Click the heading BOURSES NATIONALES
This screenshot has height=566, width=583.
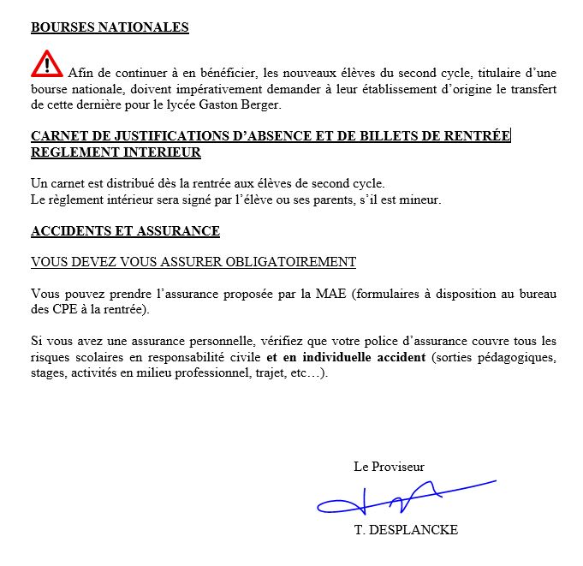pyautogui.click(x=110, y=27)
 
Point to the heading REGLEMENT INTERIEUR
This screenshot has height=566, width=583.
pyautogui.click(x=116, y=152)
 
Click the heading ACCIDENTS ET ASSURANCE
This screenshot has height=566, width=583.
pyautogui.click(x=125, y=231)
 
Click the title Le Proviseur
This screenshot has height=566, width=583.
pyautogui.click(x=389, y=467)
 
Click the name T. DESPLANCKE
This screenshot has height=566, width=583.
pyautogui.click(x=406, y=530)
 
